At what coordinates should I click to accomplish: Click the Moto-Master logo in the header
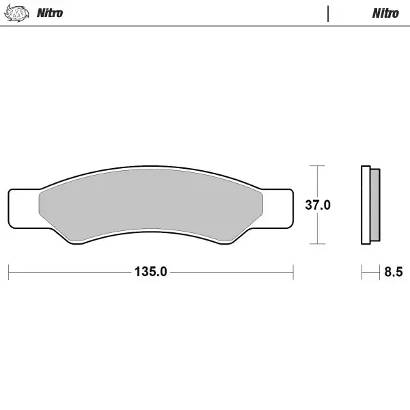tap(17, 13)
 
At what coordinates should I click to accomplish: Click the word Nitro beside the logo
tap(50, 13)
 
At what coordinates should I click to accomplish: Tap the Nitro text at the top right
tap(385, 13)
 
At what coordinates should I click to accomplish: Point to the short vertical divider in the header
tap(329, 13)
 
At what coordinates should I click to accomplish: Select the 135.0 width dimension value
tap(150, 272)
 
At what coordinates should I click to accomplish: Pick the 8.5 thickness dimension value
tap(393, 272)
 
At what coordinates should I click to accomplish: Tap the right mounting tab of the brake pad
tap(279, 208)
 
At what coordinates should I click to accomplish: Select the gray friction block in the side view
tap(374, 205)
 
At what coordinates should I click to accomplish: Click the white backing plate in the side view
tap(366, 205)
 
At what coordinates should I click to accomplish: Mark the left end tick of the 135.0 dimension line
tap(8, 271)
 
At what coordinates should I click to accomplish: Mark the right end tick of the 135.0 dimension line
tap(293, 271)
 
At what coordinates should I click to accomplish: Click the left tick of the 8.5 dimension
tap(362, 271)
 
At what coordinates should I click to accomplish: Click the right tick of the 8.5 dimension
tap(380, 271)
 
